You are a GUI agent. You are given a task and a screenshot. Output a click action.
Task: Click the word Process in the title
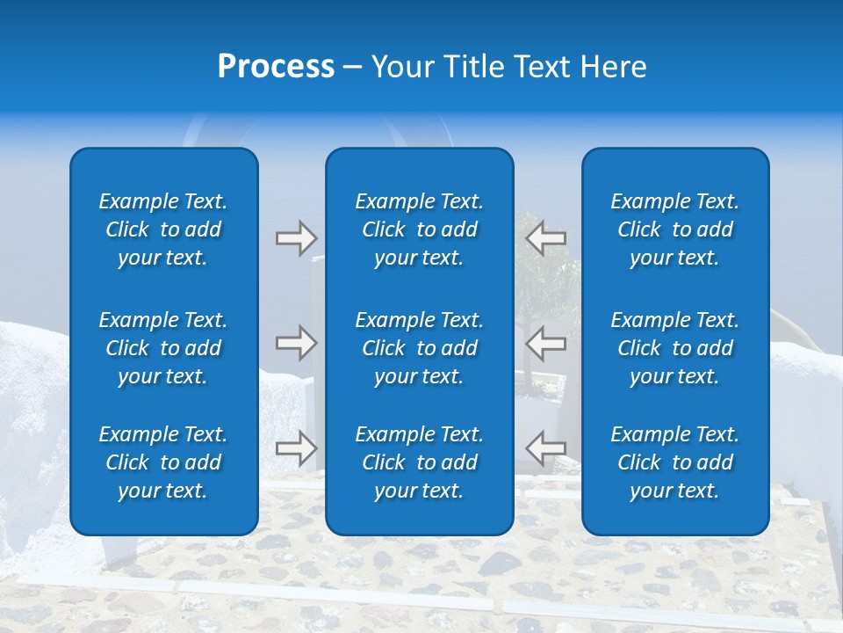pyautogui.click(x=276, y=67)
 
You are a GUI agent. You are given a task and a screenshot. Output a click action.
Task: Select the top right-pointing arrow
pyautogui.click(x=296, y=237)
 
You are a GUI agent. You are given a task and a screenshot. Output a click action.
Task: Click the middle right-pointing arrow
pyautogui.click(x=296, y=343)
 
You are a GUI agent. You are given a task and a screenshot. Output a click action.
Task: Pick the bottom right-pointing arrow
pyautogui.click(x=296, y=448)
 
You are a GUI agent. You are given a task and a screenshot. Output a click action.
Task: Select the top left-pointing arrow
pyautogui.click(x=546, y=237)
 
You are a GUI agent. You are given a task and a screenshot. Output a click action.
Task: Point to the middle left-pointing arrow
pyautogui.click(x=546, y=343)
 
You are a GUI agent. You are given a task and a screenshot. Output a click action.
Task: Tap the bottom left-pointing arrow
pyautogui.click(x=546, y=448)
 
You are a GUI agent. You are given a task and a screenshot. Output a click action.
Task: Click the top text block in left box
pyautogui.click(x=163, y=229)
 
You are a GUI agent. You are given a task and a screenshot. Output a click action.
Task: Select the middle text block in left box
pyautogui.click(x=163, y=348)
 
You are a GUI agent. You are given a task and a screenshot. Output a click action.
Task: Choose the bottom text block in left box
pyautogui.click(x=163, y=462)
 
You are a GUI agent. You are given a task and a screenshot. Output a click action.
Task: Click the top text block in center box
pyautogui.click(x=419, y=229)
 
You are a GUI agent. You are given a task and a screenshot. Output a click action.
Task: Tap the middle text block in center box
pyautogui.click(x=419, y=348)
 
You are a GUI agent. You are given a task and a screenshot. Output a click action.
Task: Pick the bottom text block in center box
pyautogui.click(x=419, y=462)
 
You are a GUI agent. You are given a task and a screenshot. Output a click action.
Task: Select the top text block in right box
pyautogui.click(x=674, y=229)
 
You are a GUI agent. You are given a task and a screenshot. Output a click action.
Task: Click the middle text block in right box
pyautogui.click(x=674, y=348)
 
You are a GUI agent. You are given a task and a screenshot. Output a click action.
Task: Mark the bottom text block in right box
pyautogui.click(x=674, y=462)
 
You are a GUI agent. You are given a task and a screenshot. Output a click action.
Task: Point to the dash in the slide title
pyautogui.click(x=352, y=68)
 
